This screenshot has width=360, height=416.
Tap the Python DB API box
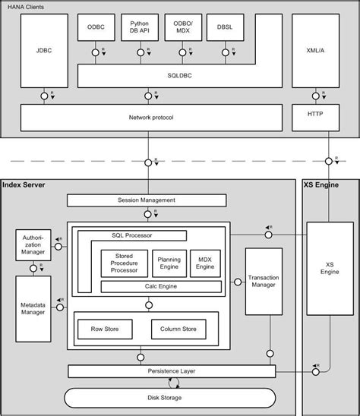140,29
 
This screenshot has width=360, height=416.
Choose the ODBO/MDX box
182,29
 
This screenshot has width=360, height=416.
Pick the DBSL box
225,29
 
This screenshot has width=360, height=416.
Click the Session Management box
147,200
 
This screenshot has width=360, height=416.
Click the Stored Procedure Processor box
122,263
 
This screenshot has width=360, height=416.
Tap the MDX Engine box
204,263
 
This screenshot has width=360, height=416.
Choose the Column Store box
178,329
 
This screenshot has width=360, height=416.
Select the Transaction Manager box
264,282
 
